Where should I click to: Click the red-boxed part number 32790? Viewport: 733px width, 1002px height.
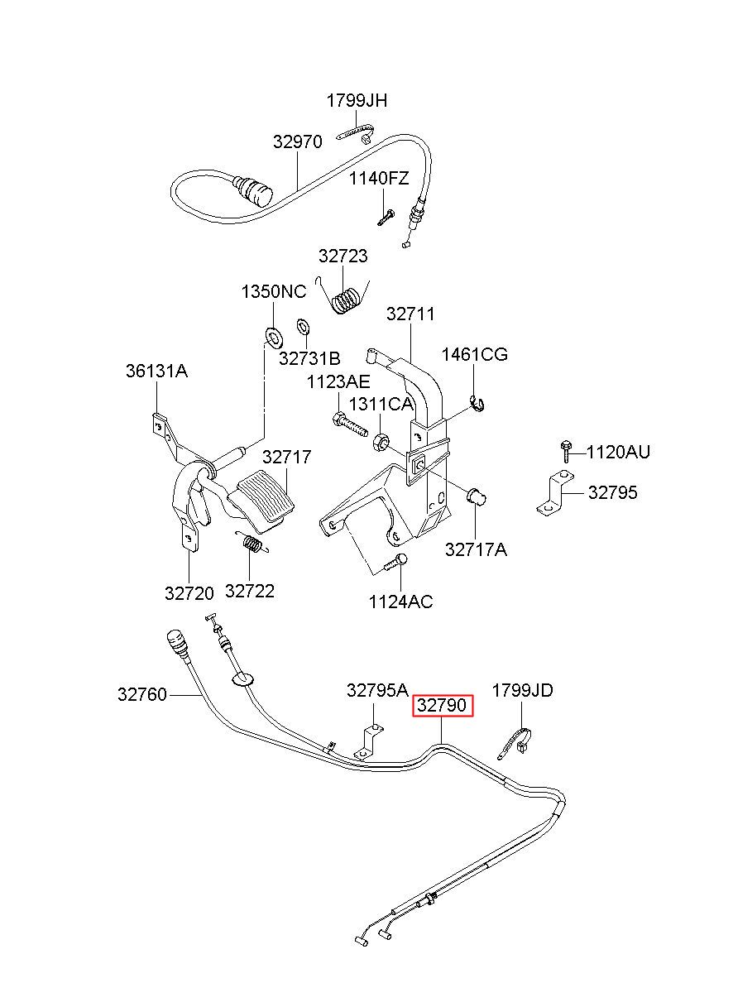442,706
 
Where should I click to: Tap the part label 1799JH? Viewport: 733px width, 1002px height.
357,101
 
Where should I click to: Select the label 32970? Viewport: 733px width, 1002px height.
297,141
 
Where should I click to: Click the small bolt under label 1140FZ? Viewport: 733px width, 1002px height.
385,218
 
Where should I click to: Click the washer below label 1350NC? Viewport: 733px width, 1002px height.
273,337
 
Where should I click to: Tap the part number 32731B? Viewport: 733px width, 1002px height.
309,358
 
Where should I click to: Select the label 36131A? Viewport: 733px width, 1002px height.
156,371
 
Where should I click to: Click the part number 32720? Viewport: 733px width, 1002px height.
189,593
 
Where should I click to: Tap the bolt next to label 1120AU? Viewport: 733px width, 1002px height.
565,451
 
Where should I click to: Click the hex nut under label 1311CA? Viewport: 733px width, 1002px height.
381,443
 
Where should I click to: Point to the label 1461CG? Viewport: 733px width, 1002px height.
475,354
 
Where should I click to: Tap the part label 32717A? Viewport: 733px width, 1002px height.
476,549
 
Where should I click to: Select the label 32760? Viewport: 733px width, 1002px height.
142,694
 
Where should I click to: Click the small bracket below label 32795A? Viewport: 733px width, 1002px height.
370,742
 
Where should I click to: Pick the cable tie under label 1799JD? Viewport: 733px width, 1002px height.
515,745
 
